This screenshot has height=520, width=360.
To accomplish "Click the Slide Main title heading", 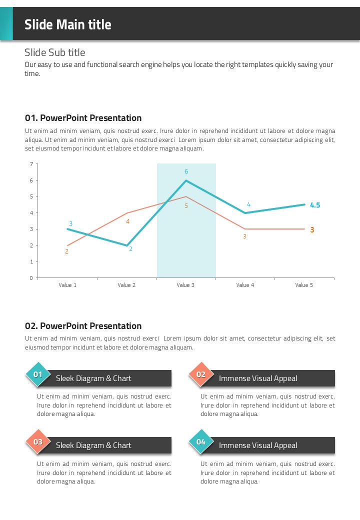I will (x=68, y=24).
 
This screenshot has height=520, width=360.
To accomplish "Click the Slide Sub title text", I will (x=55, y=52).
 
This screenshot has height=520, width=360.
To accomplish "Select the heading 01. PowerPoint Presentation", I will (x=83, y=118).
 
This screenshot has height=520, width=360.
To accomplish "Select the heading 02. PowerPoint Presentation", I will (x=83, y=326).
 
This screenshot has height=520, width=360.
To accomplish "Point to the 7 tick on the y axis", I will (x=31, y=164).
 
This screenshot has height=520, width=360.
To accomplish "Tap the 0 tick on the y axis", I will (x=31, y=278).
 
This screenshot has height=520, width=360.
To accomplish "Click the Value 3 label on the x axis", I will (x=185, y=285).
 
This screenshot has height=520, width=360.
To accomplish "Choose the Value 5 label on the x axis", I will (x=303, y=285).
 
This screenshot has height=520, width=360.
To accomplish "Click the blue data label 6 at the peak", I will (x=186, y=171).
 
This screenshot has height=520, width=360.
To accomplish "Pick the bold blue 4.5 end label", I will (x=315, y=205).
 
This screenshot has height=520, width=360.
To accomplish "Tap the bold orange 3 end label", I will (x=312, y=230).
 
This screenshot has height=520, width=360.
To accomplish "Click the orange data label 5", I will (x=186, y=205).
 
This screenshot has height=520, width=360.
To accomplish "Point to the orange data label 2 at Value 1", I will (x=66, y=251).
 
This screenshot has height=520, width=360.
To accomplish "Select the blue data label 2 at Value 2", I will (x=130, y=248).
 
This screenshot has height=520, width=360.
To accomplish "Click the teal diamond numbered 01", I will (x=38, y=374).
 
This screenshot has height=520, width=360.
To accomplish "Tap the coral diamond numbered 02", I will (x=201, y=374).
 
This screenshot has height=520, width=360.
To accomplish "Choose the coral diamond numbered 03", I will (x=38, y=441).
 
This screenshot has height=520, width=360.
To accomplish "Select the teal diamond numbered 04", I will (x=201, y=441).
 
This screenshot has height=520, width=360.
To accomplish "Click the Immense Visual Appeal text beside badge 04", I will (x=258, y=445).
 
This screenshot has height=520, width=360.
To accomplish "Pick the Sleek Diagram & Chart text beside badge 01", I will (x=93, y=378).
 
